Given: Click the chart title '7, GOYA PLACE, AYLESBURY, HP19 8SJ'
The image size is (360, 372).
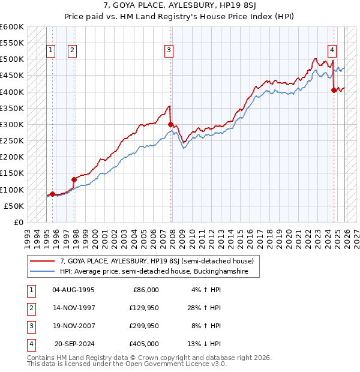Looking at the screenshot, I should point(179,5).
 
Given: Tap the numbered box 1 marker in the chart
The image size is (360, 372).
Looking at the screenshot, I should point(51,51).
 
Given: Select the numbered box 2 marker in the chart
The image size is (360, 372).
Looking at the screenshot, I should point(72,51).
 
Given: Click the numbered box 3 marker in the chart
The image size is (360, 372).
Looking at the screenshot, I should point(169,51).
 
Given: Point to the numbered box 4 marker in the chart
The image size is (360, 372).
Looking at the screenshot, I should point(332,51).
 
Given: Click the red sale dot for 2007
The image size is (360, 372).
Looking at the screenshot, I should point(171,125).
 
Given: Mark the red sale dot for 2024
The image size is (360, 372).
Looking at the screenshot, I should point(334,91).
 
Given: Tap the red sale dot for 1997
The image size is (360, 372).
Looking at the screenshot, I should point(74,179).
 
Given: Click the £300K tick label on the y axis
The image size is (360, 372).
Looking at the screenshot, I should point(12,124).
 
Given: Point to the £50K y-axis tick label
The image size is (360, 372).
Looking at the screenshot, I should point(14,206).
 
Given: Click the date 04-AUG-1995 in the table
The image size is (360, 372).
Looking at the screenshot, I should point(73,290).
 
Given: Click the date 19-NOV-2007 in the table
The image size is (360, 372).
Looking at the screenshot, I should point(73,326).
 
